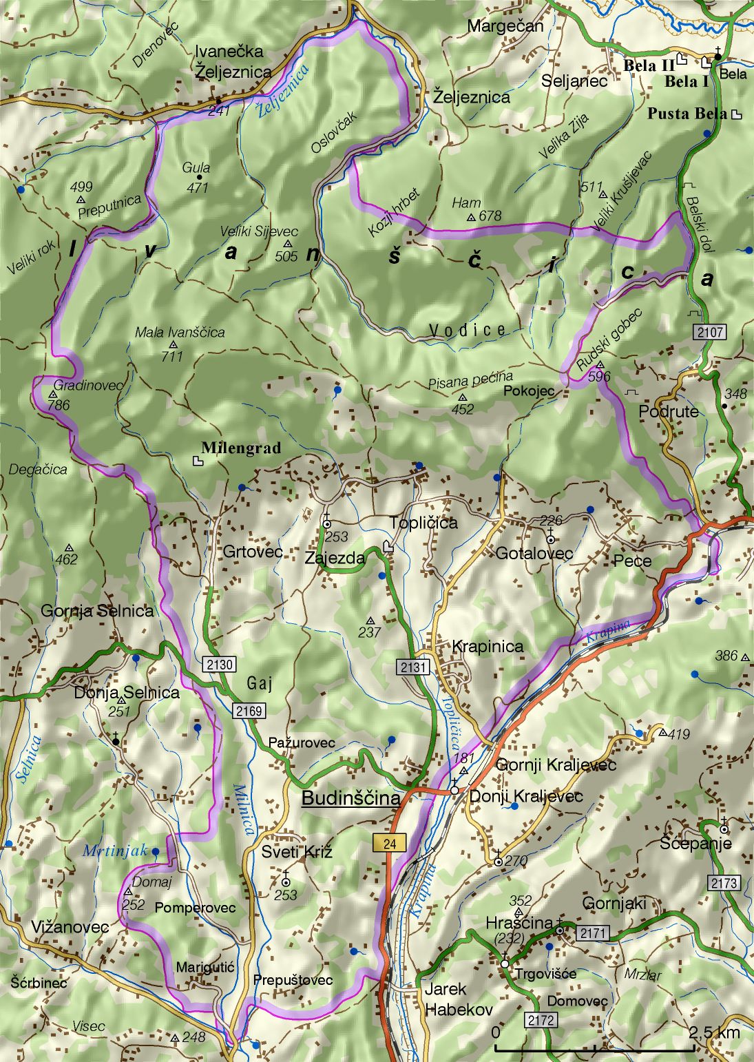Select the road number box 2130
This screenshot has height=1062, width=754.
tap(220, 665)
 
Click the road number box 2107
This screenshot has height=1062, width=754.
tap(709, 333)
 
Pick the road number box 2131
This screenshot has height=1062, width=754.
tap(412, 667)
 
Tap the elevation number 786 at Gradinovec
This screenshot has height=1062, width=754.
tap(59, 405)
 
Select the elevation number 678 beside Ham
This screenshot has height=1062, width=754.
tap(490, 216)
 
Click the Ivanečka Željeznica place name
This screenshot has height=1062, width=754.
tap(233, 62)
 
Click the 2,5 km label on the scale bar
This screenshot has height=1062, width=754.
tap(715, 1032)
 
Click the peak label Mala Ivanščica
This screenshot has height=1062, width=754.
tap(180, 333)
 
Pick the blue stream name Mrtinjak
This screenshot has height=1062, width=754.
tap(115, 851)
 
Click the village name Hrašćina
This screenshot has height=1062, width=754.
tap(519, 923)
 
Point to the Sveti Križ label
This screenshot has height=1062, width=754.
tap(297, 853)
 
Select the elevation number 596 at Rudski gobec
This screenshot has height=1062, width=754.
tap(599, 377)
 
